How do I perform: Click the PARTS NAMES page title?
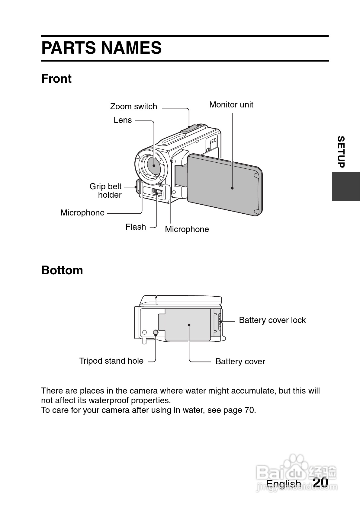[101, 48]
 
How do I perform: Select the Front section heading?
[56, 79]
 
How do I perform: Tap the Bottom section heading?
[62, 270]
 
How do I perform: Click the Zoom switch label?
[133, 106]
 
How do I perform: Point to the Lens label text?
[123, 120]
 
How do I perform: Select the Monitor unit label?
[231, 104]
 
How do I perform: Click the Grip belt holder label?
[106, 191]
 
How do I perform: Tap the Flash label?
[136, 227]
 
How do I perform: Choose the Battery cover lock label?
[272, 320]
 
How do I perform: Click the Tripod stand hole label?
[111, 361]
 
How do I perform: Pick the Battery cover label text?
[240, 362]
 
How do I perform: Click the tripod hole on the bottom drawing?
[156, 332]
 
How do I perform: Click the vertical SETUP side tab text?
[341, 152]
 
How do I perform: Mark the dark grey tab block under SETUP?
[346, 186]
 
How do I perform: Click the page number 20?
[320, 482]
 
